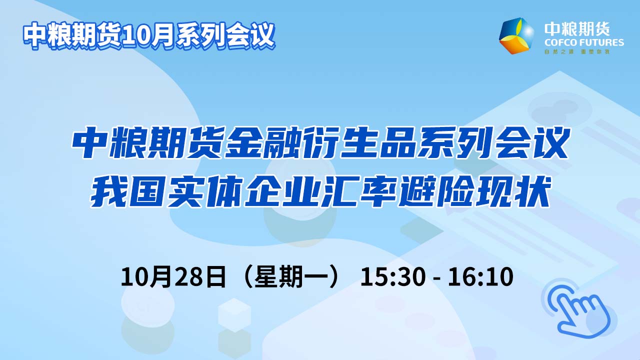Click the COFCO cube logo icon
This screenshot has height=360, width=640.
pos(516,36)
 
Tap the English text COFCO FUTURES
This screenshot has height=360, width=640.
pos(584,42)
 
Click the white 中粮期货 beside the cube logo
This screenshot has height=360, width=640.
pos(577,29)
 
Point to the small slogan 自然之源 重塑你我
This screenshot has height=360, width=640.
pos(577,51)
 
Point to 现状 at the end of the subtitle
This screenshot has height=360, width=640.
pos(512,192)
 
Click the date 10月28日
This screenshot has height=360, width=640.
pos(173,277)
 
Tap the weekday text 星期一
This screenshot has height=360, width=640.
pos(292,277)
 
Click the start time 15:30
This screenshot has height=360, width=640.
pos(393,277)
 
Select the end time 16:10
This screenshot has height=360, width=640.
pos(480,277)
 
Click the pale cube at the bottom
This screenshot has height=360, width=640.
pos(234,315)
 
